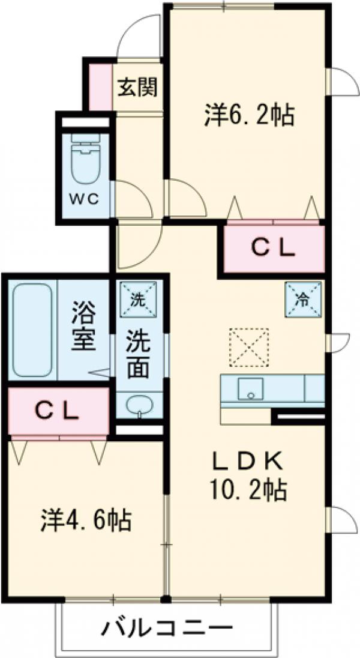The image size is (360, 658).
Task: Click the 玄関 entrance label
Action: pos(137,88)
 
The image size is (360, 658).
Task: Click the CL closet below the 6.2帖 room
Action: pos(272,247)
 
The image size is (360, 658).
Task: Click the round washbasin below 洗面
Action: pos(139,405)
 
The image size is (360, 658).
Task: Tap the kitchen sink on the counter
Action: pos(250,388)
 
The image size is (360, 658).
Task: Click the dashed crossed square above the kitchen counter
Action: pos(248,346)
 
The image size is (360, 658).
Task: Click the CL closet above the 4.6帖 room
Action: pos(57,411)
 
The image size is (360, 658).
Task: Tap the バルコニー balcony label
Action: pos(166,629)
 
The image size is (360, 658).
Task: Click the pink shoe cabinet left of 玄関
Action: pos(101,86)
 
